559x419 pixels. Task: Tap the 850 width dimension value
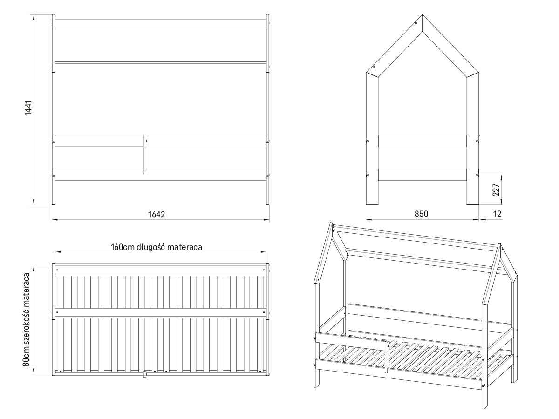pyautogui.click(x=421, y=214)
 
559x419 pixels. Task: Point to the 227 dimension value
pyautogui.click(x=496, y=189)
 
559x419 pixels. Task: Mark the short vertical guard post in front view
pyautogui.click(x=145, y=155)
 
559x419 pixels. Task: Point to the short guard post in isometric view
pyautogui.click(x=386, y=357)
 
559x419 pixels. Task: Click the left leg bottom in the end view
pyautogui.click(x=372, y=203)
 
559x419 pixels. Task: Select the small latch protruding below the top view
pyautogui.click(x=145, y=374)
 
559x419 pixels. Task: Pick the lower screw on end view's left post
pyautogui.click(x=368, y=175)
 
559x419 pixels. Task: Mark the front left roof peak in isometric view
pyautogui.click(x=332, y=225)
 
